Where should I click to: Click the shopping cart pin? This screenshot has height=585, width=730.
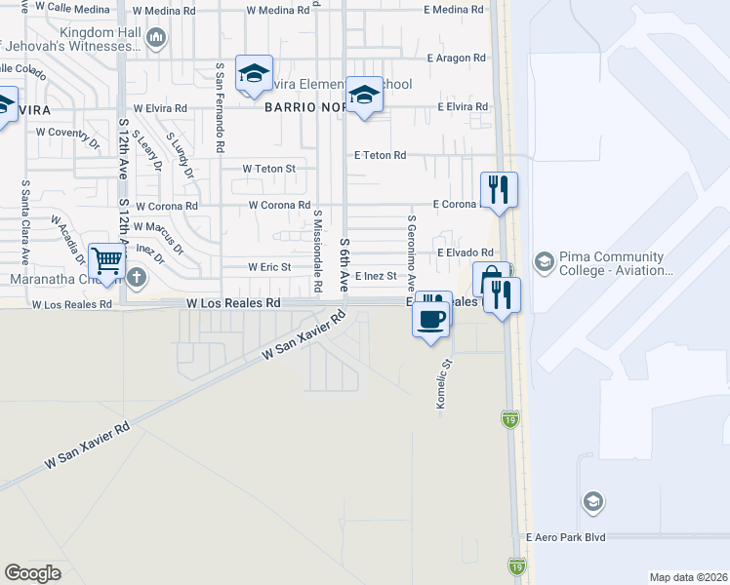[106, 260]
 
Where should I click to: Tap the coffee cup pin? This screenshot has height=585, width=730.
[431, 318]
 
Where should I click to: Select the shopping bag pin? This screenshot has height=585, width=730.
[488, 278]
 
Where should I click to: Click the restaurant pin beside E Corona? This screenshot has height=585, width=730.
[499, 189]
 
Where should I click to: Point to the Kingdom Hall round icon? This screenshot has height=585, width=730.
[157, 37]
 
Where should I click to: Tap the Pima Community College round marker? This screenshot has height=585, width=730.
[544, 261]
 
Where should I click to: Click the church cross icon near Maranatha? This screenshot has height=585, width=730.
[136, 277]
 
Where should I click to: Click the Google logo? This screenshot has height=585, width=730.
[32, 573]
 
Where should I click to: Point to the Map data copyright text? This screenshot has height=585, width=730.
[687, 577]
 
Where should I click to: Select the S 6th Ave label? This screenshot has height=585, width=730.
[345, 263]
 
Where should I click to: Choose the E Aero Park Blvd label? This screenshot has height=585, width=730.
[565, 537]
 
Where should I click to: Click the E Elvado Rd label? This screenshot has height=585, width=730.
[466, 252]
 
